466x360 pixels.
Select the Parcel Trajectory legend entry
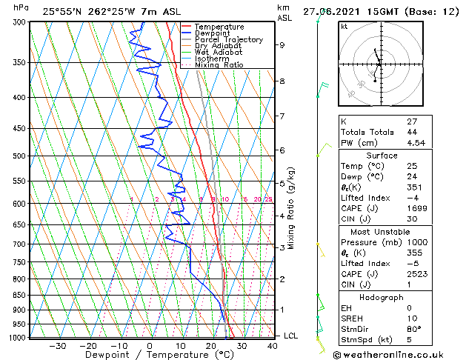228,40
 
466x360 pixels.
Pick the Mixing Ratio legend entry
219,65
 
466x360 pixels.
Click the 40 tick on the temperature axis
273,345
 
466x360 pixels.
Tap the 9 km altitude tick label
282,45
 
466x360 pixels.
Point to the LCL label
291,336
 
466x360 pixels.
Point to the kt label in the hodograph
344,27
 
